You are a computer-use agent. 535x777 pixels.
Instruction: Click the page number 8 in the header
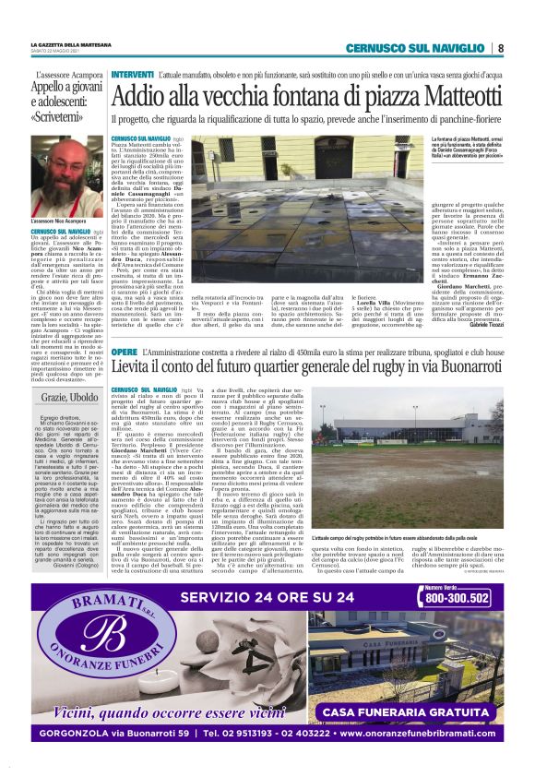tap(500, 47)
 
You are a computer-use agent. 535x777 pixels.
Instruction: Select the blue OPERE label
tap(124, 353)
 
